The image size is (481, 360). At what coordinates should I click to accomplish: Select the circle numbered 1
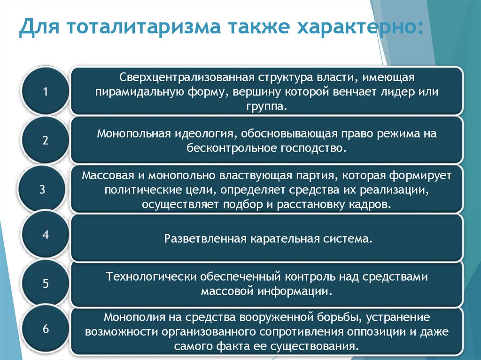[46, 91]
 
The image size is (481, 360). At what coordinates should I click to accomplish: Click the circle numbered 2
[46, 140]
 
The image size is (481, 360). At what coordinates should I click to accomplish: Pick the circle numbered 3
[42, 190]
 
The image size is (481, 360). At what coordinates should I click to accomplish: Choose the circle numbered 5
[46, 283]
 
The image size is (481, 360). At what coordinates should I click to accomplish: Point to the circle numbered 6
[46, 329]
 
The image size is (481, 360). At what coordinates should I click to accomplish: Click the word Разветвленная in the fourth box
[205, 238]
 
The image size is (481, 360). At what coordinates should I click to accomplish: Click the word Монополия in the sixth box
[129, 317]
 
